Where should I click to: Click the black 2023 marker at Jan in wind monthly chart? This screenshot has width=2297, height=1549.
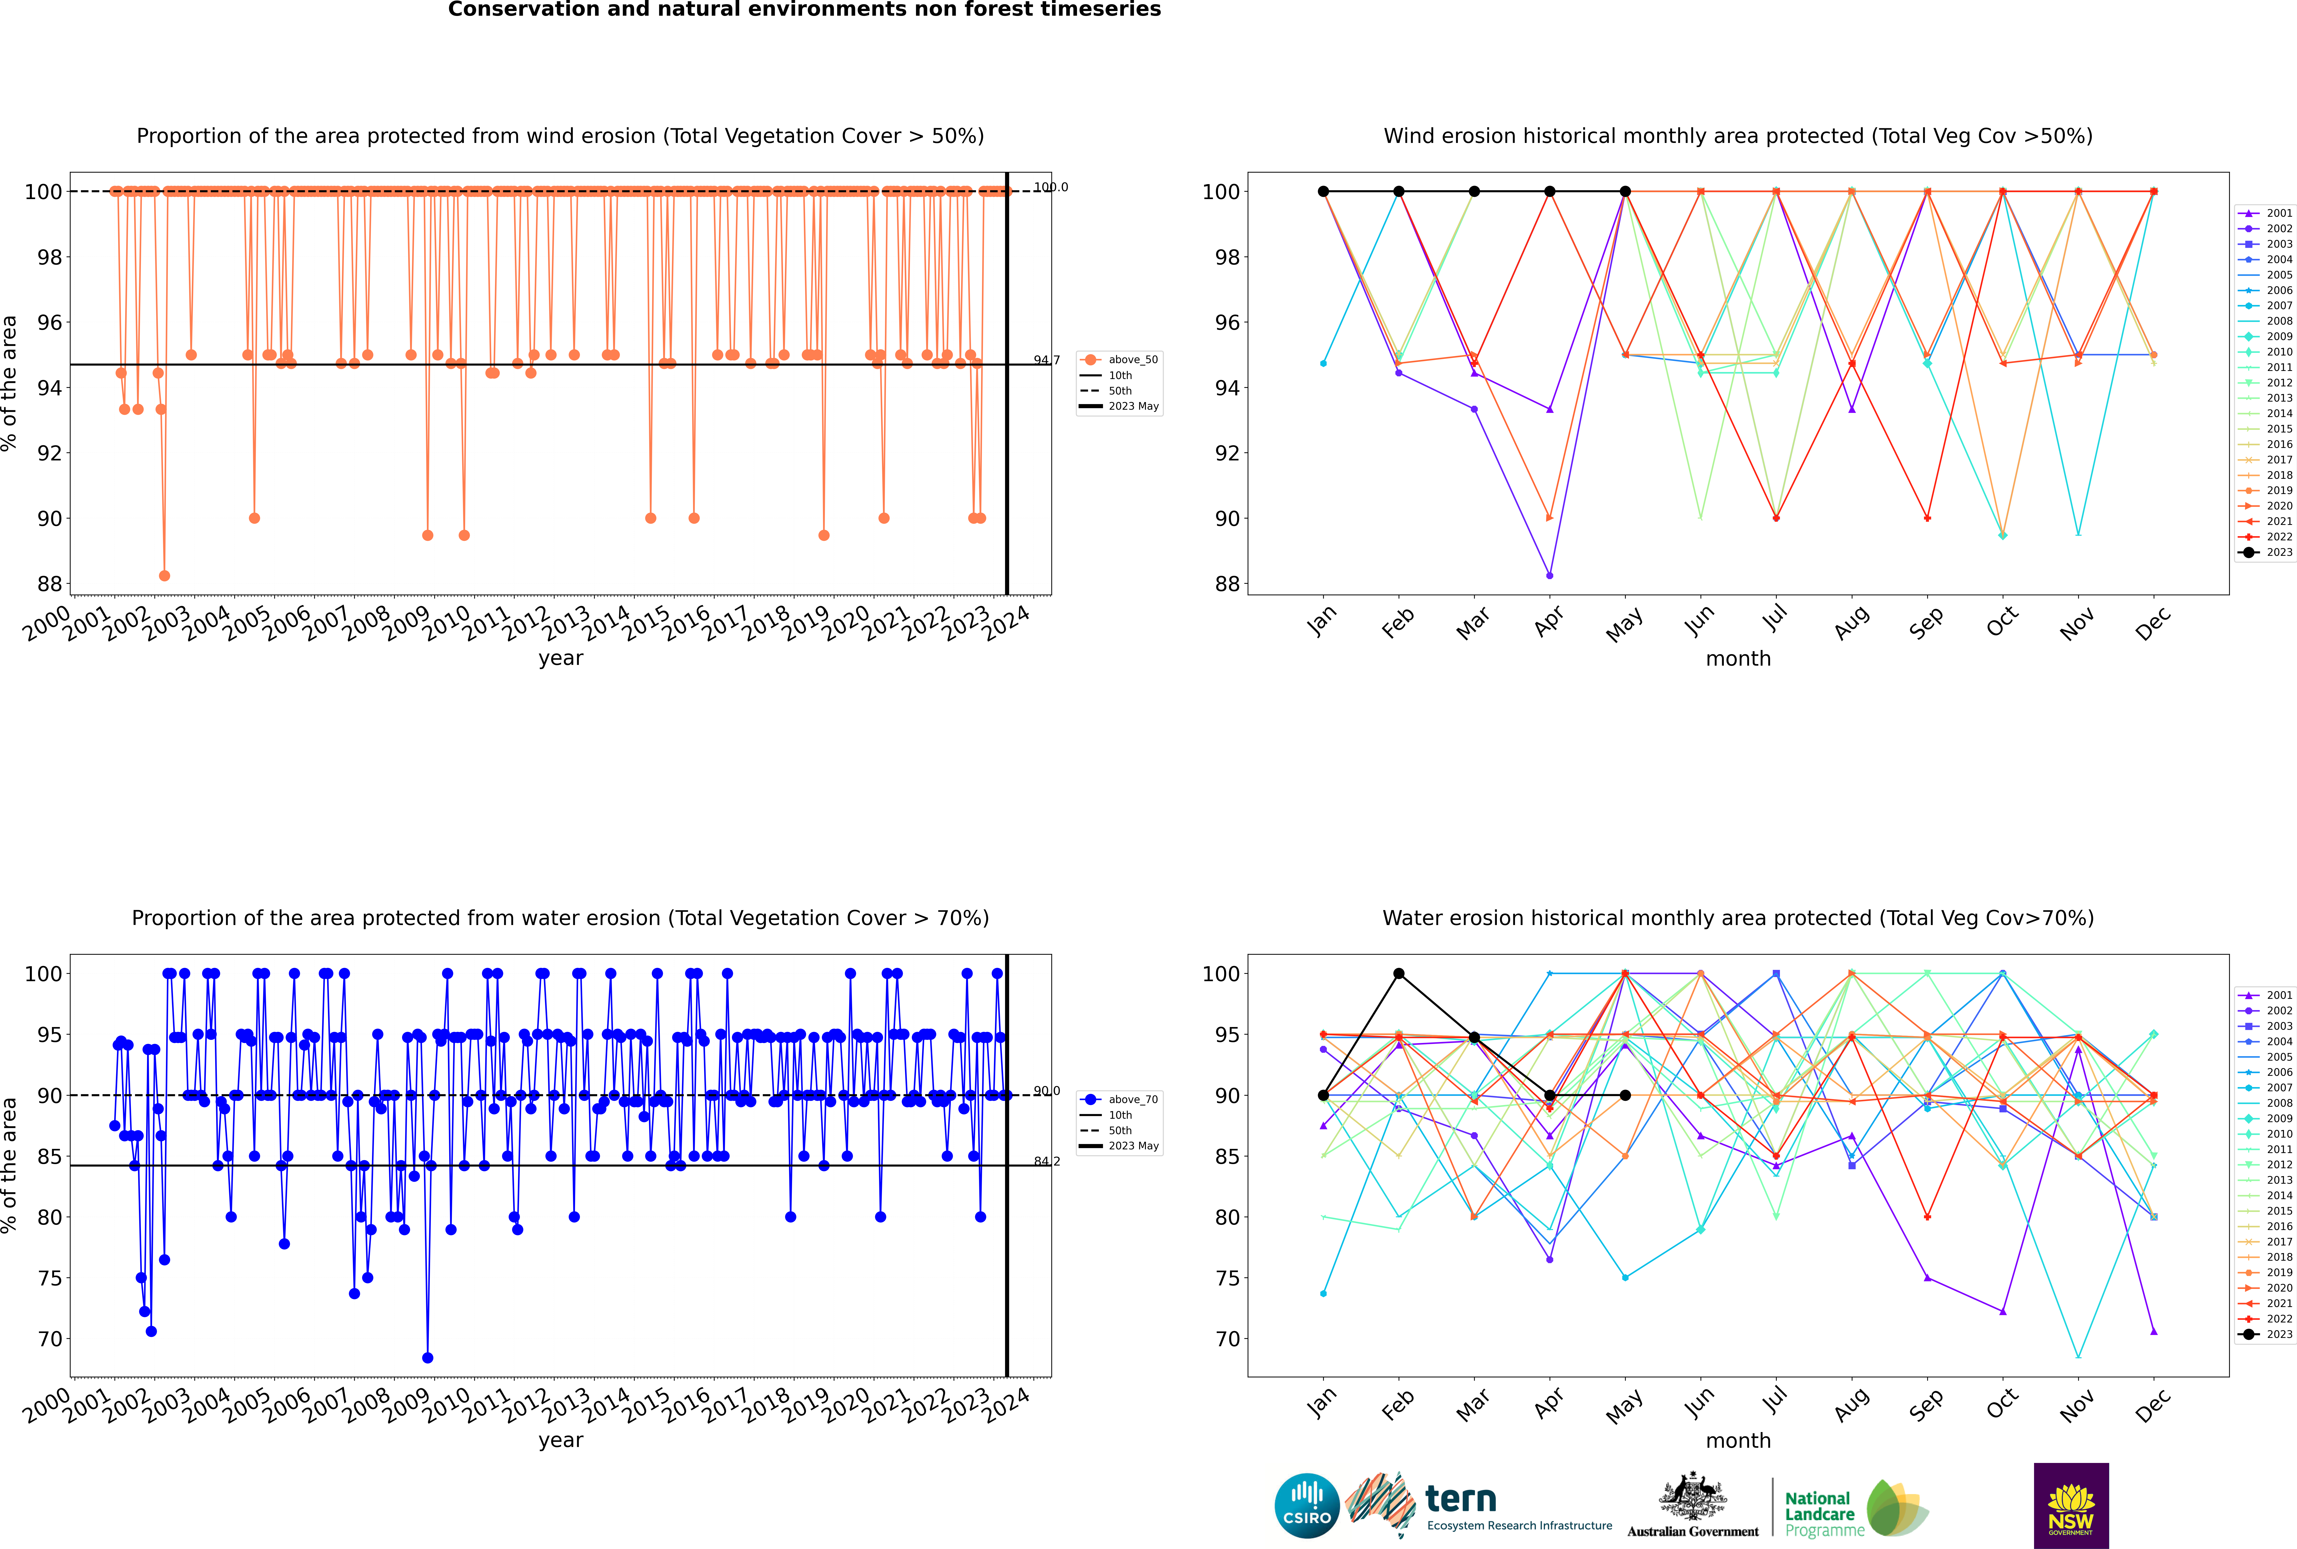(1323, 192)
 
